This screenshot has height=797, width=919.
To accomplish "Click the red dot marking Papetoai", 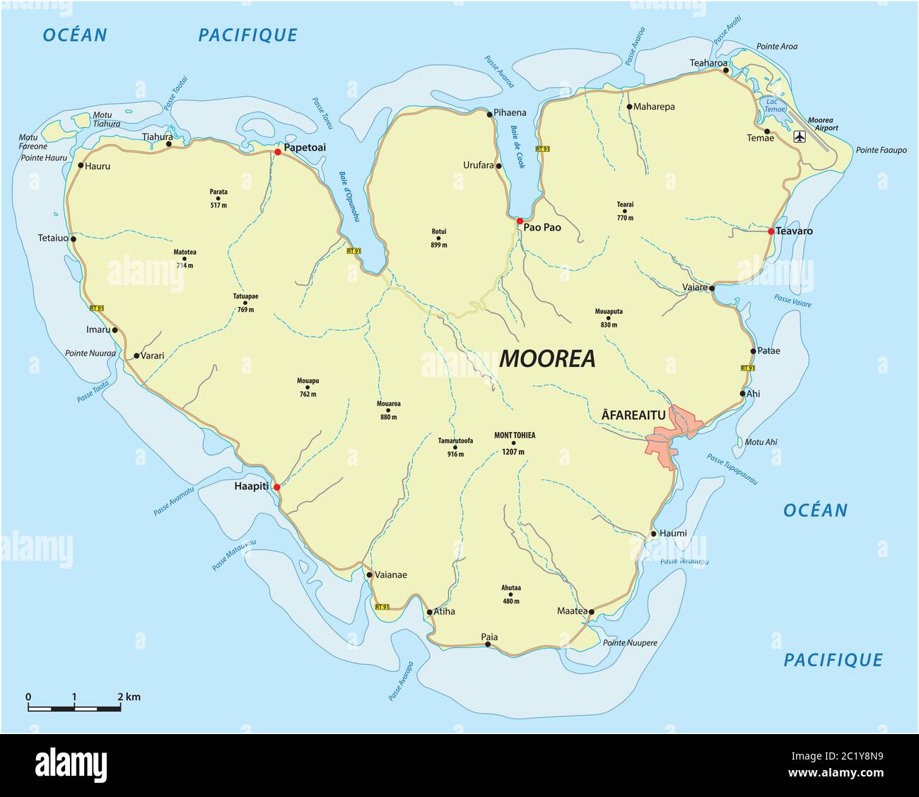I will pyautogui.click(x=278, y=151).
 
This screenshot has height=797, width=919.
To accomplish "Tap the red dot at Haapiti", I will pyautogui.click(x=277, y=487).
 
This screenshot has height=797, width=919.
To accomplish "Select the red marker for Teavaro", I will pyautogui.click(x=771, y=231).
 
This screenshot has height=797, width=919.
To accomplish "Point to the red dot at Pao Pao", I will pyautogui.click(x=520, y=221).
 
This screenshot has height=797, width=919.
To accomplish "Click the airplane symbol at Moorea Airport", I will pyautogui.click(x=800, y=136).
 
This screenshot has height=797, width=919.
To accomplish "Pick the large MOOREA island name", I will pyautogui.click(x=547, y=359).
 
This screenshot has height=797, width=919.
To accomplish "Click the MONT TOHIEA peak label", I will pyautogui.click(x=514, y=436).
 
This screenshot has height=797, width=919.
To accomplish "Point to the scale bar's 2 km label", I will pyautogui.click(x=129, y=697).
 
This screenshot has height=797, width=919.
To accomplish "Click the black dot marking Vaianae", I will pyautogui.click(x=369, y=575).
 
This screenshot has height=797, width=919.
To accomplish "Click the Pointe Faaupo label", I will pyautogui.click(x=881, y=150).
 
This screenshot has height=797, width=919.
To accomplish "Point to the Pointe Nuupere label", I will pyautogui.click(x=630, y=644).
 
